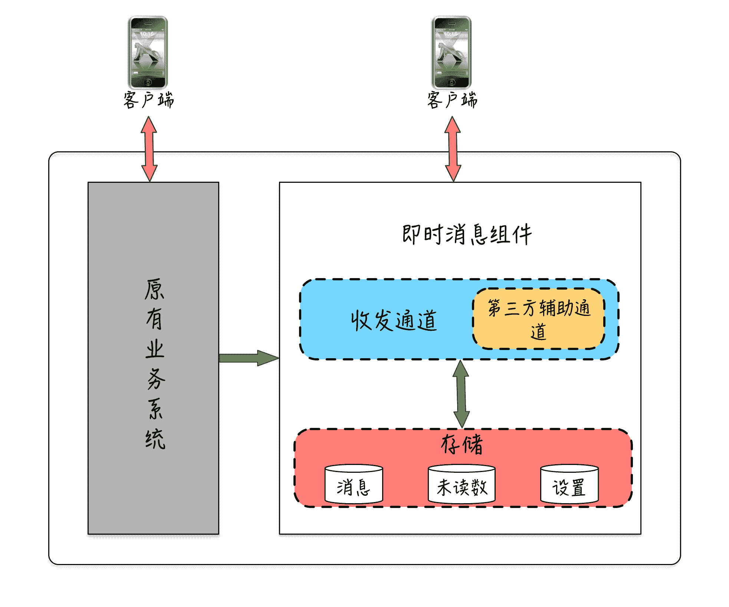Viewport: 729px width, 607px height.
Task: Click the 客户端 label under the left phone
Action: pyautogui.click(x=148, y=100)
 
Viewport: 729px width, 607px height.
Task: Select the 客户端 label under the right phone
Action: pyautogui.click(x=452, y=100)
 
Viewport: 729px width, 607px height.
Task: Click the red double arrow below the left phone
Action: pyautogui.click(x=149, y=149)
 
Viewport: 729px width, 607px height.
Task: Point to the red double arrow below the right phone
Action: pyautogui.click(x=453, y=149)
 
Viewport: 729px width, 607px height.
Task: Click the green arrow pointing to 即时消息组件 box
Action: pyautogui.click(x=249, y=358)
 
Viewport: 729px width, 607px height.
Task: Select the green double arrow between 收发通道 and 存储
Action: pyautogui.click(x=461, y=394)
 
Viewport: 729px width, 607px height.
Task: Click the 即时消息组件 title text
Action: pyautogui.click(x=467, y=234)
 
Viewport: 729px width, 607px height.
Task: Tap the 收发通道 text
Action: pyautogui.click(x=394, y=320)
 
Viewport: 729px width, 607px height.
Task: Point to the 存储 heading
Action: pyautogui.click(x=462, y=444)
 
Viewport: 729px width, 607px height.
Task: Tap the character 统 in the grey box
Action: pyautogui.click(x=155, y=439)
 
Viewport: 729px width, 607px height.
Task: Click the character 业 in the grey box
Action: pyautogui.click(x=155, y=349)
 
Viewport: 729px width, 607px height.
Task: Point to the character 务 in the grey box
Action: pyautogui.click(x=155, y=379)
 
